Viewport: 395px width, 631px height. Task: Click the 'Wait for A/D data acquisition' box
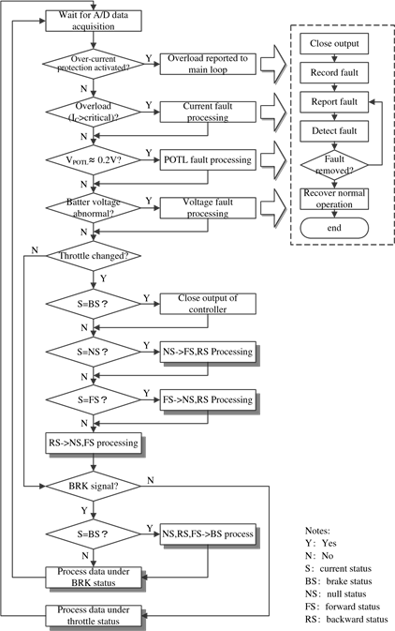[94, 21]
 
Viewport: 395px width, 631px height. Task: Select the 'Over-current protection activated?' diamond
[94, 64]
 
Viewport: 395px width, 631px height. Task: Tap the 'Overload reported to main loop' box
[208, 64]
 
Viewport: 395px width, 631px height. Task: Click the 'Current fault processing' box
[208, 112]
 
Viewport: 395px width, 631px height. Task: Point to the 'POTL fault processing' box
[208, 159]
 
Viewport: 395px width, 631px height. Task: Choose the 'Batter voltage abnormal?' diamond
[94, 207]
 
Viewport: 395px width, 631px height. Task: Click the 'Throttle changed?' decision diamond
[94, 256]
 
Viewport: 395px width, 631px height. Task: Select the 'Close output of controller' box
[208, 304]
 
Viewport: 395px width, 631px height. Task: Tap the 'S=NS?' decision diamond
[94, 352]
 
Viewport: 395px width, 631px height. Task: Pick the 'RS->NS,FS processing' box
[95, 444]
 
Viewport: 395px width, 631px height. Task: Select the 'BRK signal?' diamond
[94, 486]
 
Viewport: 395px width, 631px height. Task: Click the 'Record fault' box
[334, 73]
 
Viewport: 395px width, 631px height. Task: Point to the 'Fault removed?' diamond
[334, 165]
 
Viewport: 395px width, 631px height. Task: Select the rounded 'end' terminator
[334, 228]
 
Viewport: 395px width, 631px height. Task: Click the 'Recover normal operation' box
[334, 199]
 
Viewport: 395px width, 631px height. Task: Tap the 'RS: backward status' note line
[346, 620]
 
